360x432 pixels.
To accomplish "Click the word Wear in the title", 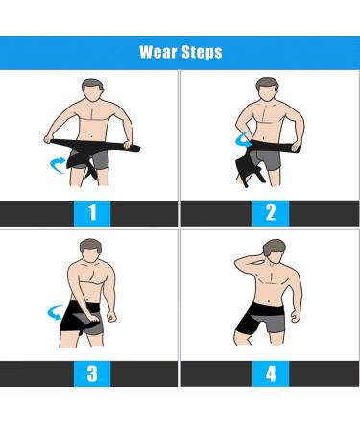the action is click(158, 52).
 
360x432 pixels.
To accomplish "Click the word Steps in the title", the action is click(202, 52).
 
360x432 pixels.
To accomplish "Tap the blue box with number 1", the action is click(92, 213).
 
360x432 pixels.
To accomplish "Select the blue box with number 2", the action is click(271, 213).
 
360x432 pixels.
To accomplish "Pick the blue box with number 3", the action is click(92, 373).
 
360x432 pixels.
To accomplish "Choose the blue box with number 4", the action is click(271, 373).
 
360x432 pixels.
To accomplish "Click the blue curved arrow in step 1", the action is click(57, 165).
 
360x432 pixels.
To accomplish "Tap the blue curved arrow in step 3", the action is click(55, 311).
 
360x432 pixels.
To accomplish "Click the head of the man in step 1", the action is click(92, 90).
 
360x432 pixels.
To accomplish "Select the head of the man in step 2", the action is click(268, 88).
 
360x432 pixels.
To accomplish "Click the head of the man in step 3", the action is click(91, 251).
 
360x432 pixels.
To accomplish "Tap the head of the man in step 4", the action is click(275, 252).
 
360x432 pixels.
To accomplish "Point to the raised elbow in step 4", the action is click(237, 263).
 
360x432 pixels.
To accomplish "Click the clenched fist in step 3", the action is click(111, 317).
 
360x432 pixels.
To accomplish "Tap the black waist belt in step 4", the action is click(268, 309).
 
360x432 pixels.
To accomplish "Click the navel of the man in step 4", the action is click(269, 301).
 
